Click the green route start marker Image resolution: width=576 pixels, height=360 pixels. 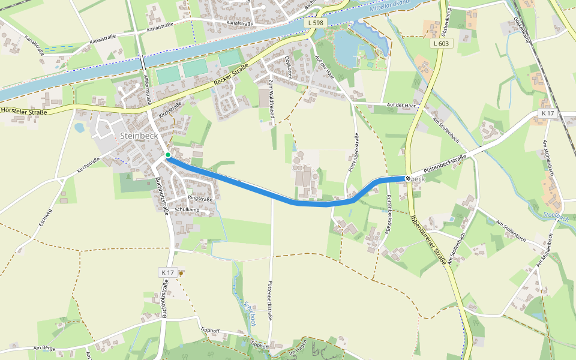click(168, 155)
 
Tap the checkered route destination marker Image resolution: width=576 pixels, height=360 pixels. click(408, 178)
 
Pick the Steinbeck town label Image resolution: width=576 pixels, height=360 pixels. click(139, 135)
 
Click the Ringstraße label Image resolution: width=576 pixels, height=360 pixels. click(200, 197)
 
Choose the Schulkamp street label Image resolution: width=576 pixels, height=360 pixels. click(187, 209)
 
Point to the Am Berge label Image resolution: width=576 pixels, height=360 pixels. click(44, 348)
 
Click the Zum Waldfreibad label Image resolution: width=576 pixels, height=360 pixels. click(271, 102)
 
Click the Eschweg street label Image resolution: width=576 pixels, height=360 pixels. click(45, 216)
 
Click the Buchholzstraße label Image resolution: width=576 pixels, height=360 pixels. click(161, 196)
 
